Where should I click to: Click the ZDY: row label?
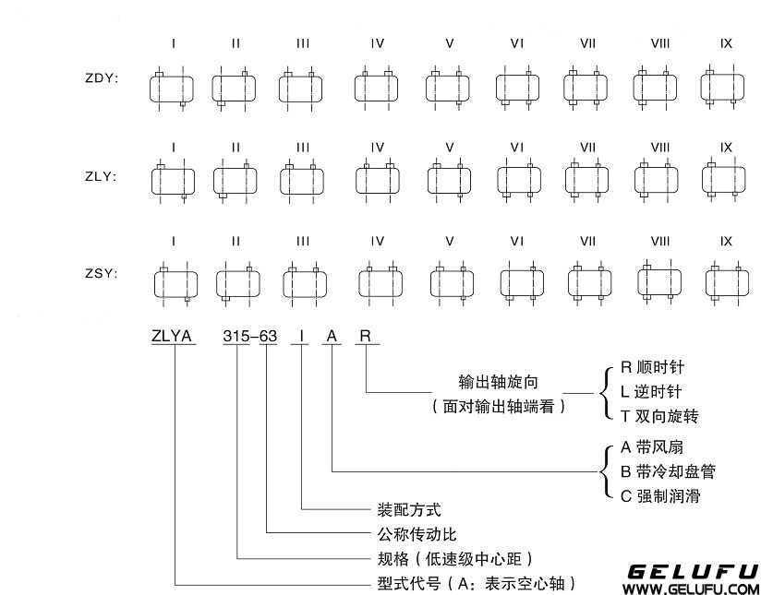pos(102,78)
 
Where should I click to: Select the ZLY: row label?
pos(102,176)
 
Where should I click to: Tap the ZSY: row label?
pos(102,274)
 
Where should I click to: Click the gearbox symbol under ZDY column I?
pos(173,89)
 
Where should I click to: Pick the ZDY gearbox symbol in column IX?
pos(726,88)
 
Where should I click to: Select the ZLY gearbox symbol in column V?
pos(450,179)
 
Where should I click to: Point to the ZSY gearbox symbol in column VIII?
pos(659,280)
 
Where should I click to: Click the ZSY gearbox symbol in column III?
pos(305,280)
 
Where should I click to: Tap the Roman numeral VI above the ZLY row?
pos(517,148)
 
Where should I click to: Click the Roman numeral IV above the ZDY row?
pos(377,43)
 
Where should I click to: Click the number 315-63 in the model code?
pos(249,337)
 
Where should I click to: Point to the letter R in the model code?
pos(365,337)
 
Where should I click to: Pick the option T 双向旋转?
pos(658,418)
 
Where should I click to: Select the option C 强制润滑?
pos(659,497)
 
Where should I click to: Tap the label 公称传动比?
pos(412,533)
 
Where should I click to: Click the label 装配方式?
pos(405,508)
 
